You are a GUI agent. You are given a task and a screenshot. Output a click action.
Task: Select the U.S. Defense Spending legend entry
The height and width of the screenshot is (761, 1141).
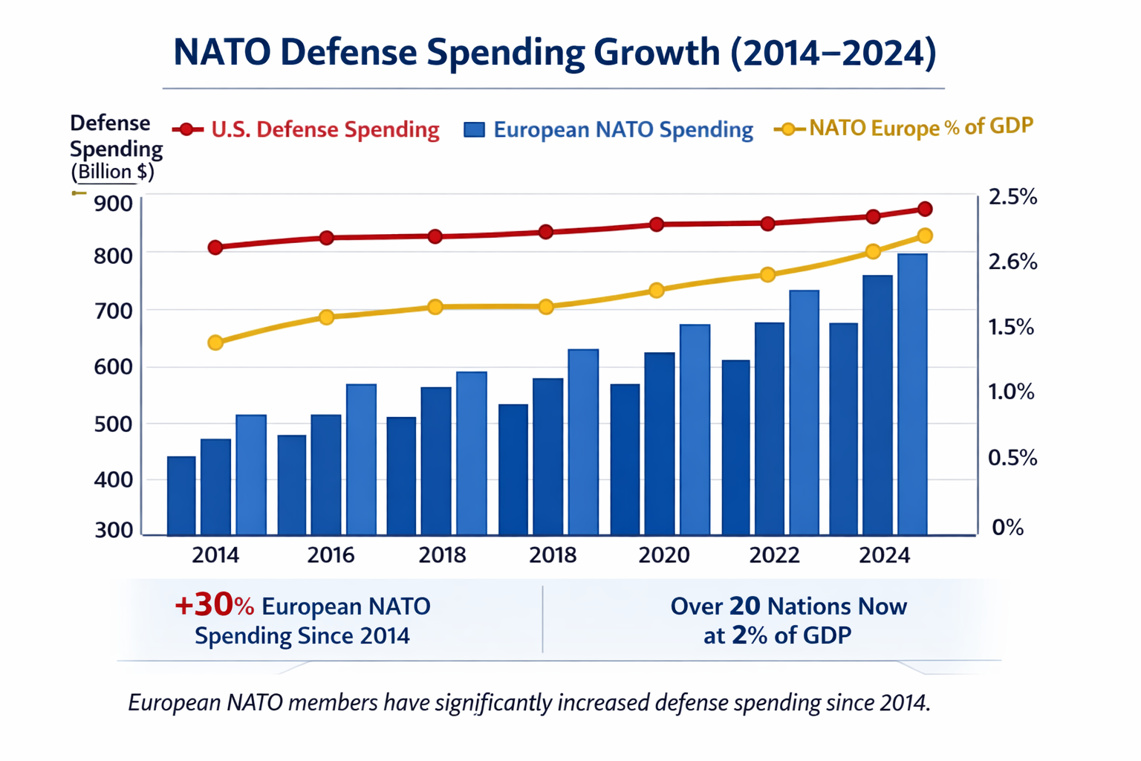click(x=307, y=130)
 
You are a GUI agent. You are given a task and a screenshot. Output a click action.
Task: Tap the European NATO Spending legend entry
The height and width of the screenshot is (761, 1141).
click(x=608, y=130)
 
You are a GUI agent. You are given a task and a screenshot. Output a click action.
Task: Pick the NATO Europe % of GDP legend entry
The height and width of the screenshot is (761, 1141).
click(x=905, y=128)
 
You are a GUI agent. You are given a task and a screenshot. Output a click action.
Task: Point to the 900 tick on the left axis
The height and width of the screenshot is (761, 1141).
click(x=114, y=204)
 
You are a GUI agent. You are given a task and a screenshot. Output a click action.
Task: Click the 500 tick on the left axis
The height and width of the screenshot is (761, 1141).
click(x=114, y=424)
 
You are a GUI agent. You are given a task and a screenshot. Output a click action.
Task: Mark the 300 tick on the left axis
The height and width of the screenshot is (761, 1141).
click(x=114, y=530)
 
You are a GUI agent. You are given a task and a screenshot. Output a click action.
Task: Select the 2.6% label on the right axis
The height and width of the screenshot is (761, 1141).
click(x=1012, y=262)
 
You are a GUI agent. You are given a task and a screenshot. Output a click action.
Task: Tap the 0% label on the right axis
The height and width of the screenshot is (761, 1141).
click(x=1007, y=528)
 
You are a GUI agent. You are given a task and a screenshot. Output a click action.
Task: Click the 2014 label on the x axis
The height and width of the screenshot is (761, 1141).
click(x=215, y=555)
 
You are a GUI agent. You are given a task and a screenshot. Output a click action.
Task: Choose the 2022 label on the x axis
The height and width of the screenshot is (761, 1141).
click(x=774, y=555)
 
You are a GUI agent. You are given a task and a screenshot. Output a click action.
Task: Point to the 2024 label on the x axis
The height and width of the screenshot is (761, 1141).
click(x=884, y=555)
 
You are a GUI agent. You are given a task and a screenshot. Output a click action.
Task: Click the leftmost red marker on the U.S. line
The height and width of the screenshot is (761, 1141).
click(x=215, y=247)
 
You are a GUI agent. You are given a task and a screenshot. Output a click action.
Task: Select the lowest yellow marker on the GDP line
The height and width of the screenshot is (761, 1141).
click(x=215, y=343)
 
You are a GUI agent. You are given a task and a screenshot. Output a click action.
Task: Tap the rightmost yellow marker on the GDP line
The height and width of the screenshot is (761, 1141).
click(x=925, y=236)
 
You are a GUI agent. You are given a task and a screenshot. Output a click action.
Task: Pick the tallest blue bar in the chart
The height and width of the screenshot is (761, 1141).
click(x=912, y=394)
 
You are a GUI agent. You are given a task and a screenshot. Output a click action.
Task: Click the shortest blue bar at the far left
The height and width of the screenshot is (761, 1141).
click(x=181, y=496)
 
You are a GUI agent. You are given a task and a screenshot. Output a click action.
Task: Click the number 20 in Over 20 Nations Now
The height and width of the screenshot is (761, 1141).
click(x=744, y=606)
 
